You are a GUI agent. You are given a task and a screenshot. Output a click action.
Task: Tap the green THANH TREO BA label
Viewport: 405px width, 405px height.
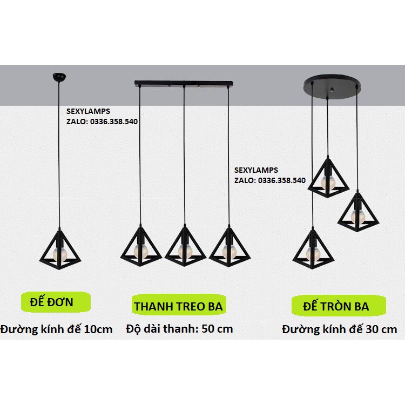(178, 306)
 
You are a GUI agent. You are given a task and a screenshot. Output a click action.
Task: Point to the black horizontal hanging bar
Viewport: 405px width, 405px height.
(184, 84)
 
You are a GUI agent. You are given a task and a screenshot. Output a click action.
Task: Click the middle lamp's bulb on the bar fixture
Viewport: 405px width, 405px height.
(185, 249)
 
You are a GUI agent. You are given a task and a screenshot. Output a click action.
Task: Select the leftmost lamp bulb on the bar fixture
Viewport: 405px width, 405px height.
(140, 250)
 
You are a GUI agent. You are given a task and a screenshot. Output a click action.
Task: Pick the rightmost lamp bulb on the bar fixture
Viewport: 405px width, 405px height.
(228, 249)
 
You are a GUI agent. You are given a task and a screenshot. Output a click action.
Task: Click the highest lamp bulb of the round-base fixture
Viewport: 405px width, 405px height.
(327, 180)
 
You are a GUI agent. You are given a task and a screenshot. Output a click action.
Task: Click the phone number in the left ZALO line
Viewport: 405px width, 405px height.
(112, 122)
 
